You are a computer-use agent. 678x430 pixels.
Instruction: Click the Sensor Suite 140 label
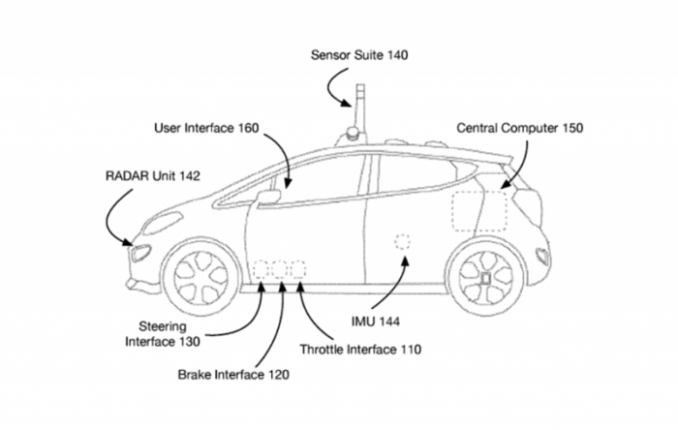tap(359, 55)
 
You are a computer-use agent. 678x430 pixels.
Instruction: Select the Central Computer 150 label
tap(520, 127)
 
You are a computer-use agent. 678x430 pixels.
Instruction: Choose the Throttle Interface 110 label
tap(360, 349)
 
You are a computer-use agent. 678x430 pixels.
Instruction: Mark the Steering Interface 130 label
tap(163, 334)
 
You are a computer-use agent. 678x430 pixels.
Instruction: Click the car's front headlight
tap(140, 254)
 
